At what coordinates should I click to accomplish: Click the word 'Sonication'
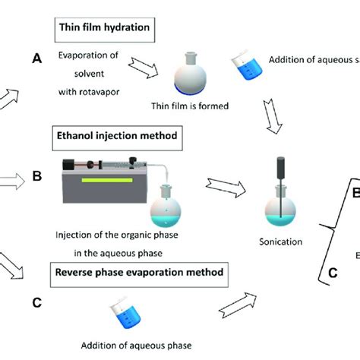281,242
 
